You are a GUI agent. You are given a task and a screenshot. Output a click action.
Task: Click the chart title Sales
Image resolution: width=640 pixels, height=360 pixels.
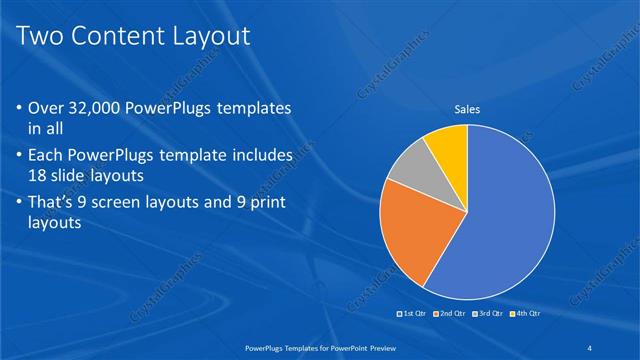pyautogui.click(x=467, y=109)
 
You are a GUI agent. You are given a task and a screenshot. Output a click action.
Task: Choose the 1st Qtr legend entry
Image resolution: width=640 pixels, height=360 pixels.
pyautogui.click(x=412, y=313)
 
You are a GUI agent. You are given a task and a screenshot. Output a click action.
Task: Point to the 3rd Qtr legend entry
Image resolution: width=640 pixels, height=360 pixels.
pyautogui.click(x=487, y=313)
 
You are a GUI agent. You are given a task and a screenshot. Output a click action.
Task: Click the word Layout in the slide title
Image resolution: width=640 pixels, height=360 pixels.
pyautogui.click(x=205, y=36)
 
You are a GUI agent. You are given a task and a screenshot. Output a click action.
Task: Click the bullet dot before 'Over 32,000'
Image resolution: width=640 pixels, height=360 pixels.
pyautogui.click(x=21, y=108)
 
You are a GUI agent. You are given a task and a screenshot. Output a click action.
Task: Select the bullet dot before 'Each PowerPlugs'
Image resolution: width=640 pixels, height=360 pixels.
pyautogui.click(x=21, y=156)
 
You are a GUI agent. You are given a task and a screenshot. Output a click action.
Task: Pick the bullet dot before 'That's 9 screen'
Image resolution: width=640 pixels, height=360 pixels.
pyautogui.click(x=21, y=204)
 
